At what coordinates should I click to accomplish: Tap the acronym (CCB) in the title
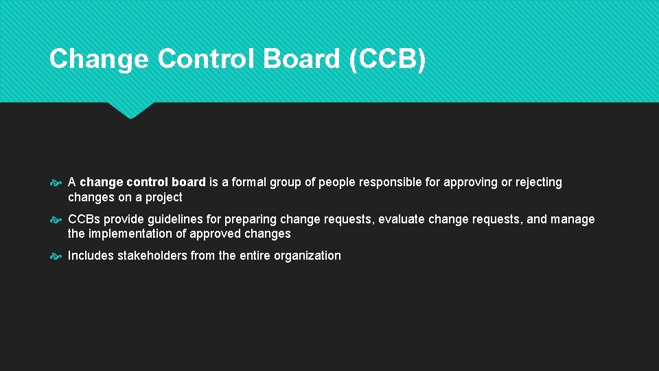[x=387, y=59]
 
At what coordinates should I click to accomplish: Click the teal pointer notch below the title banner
[x=130, y=110]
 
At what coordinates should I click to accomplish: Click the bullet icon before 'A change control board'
[x=56, y=183]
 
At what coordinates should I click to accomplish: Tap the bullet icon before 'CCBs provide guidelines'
[x=56, y=220]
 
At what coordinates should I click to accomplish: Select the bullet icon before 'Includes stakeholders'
[x=56, y=256]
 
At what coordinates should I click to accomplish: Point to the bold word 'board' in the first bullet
[x=189, y=183]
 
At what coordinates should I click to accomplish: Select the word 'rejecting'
[x=537, y=183]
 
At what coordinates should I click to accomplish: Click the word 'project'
[x=163, y=198]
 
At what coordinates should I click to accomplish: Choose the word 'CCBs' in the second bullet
[x=84, y=220]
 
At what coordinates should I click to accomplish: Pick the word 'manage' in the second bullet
[x=573, y=220]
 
